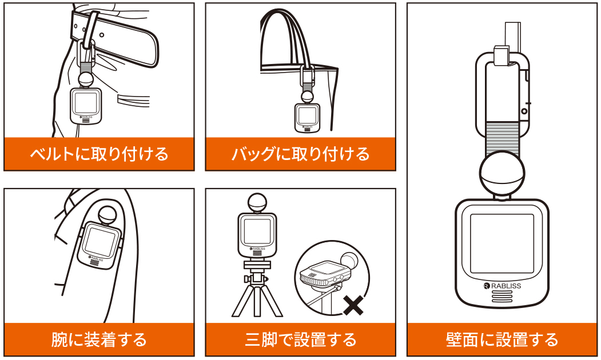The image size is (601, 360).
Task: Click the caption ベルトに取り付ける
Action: click(99, 154)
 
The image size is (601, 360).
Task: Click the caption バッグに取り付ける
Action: click(300, 154)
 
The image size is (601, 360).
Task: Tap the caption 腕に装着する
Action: click(99, 339)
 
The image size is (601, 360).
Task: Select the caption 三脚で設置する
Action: click(300, 339)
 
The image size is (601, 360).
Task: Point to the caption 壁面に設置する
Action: click(502, 339)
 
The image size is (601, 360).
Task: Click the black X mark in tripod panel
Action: click(354, 306)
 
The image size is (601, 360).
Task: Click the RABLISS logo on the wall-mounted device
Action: click(502, 286)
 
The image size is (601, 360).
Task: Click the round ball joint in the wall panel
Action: click(502, 174)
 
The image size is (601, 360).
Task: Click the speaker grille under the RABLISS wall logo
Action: click(502, 298)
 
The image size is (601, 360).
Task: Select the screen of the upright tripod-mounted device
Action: click(256, 231)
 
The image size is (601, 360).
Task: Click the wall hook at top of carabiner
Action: click(503, 55)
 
